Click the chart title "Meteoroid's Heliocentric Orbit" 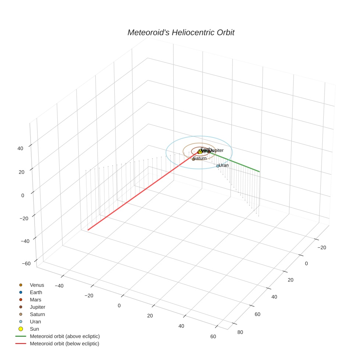[x=181, y=32]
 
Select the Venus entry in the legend [x=37, y=285]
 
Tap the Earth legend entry [x=36, y=292]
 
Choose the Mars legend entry [x=35, y=300]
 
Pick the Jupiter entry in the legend [x=38, y=307]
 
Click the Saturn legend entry [x=37, y=314]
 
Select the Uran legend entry [x=35, y=322]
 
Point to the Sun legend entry [x=34, y=329]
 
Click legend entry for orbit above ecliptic [x=65, y=336]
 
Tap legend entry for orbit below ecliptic [x=64, y=344]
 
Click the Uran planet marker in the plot [x=218, y=166]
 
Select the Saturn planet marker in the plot [x=194, y=159]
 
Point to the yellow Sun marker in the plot [x=200, y=152]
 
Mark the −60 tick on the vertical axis [x=26, y=263]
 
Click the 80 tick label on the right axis [x=240, y=332]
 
